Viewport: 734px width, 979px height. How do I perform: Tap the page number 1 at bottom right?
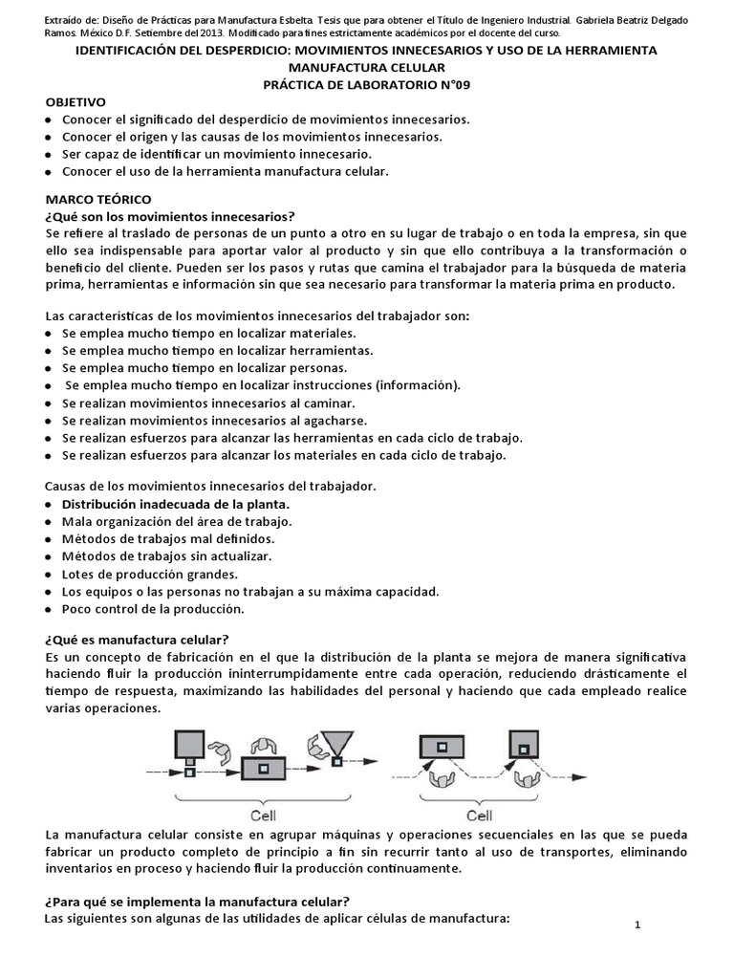coord(637,925)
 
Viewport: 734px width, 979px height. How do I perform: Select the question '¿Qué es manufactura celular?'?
coord(137,639)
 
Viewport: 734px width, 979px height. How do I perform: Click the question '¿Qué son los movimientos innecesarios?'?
coord(169,216)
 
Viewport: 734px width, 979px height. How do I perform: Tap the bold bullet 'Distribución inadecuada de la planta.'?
coord(175,504)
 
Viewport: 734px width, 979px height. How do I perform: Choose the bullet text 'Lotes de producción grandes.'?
coord(150,574)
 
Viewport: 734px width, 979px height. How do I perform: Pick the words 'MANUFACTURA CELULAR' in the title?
coord(366,68)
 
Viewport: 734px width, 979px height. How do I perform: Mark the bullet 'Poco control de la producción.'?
coord(153,608)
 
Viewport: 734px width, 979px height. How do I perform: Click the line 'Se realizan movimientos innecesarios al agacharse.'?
coord(214,420)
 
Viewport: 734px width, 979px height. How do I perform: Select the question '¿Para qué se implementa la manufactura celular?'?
coord(197,902)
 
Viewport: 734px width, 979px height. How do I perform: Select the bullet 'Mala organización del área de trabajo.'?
coord(177,521)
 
